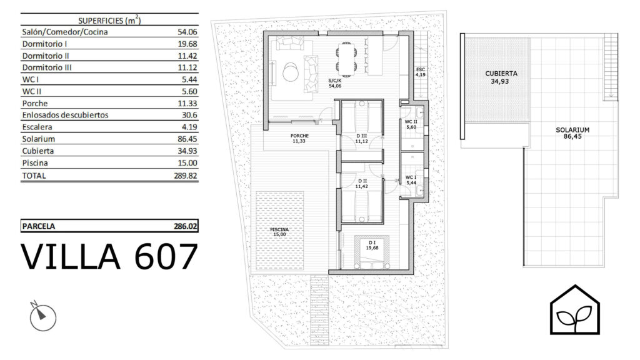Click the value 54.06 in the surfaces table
click(x=187, y=32)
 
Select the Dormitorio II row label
click(x=45, y=56)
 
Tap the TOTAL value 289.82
click(x=185, y=176)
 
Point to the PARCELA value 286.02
click(x=185, y=226)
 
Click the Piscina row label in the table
click(x=35, y=163)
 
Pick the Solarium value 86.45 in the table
click(x=187, y=139)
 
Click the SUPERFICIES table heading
click(x=109, y=21)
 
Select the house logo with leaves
click(x=575, y=309)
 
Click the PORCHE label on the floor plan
click(x=299, y=136)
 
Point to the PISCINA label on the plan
click(x=279, y=230)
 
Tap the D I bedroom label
click(x=372, y=243)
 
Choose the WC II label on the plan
click(x=411, y=122)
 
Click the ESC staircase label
click(x=421, y=70)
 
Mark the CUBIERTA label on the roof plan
click(x=501, y=74)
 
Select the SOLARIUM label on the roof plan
click(x=572, y=130)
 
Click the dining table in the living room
click(x=346, y=59)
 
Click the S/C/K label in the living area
click(x=335, y=81)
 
